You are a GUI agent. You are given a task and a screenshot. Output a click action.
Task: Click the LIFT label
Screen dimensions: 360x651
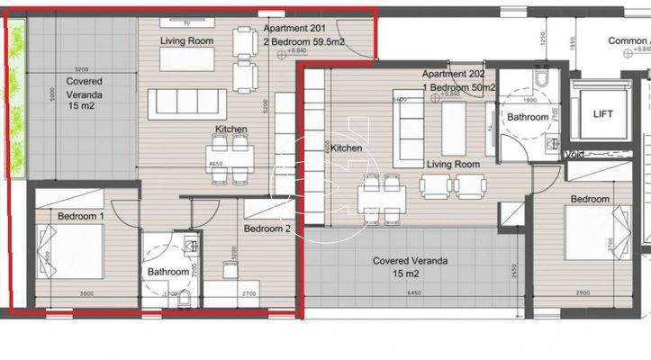pos(603,114)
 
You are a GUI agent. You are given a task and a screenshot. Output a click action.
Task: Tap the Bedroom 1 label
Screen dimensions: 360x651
pos(81,217)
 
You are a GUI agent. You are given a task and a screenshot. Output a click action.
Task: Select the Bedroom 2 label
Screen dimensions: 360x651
pos(267,229)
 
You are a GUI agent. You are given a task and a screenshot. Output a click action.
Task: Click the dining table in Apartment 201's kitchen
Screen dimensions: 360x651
pos(231,151)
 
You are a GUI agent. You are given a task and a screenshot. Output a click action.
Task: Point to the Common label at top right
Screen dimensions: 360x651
pos(628,41)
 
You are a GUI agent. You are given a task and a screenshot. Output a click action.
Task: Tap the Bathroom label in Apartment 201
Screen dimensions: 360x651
pos(168,272)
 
